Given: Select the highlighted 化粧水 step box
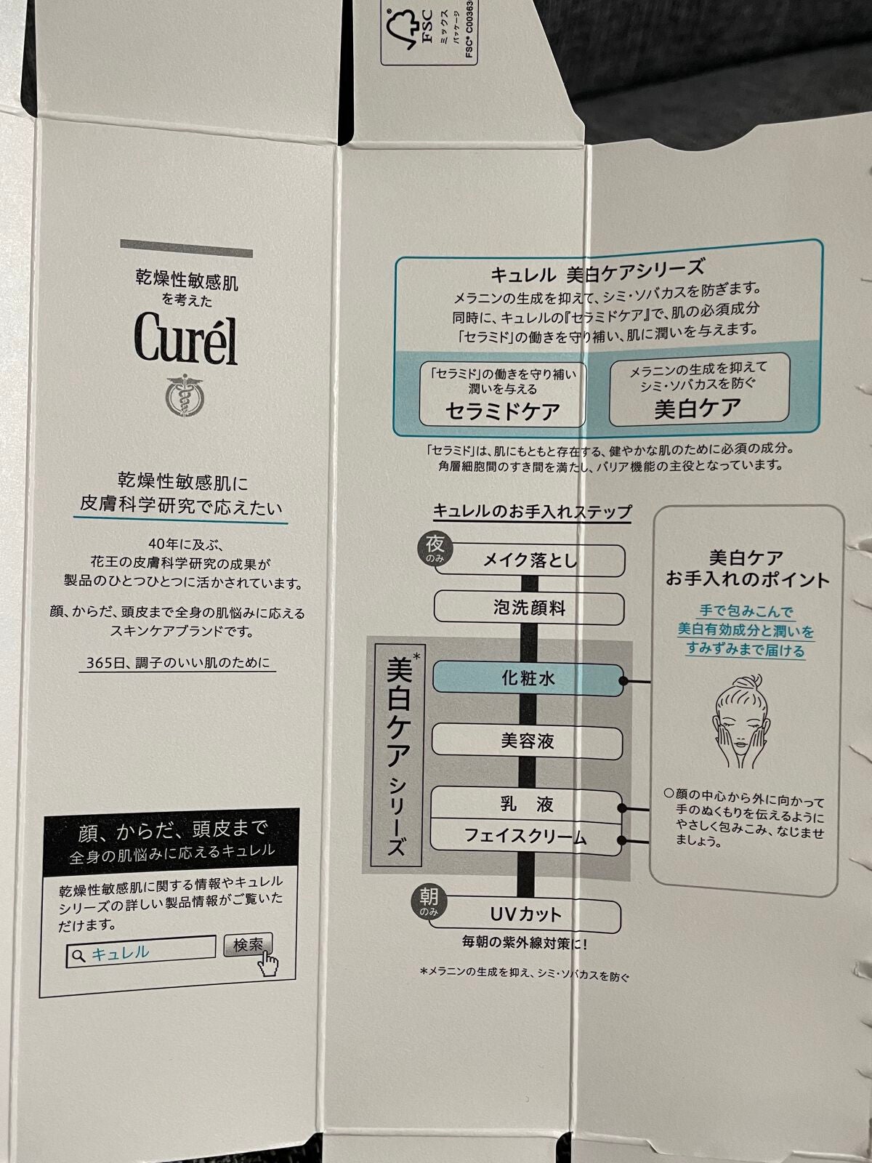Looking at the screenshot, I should coord(528,678).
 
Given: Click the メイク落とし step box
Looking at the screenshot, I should coord(530,560).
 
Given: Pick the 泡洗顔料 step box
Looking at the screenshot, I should coord(528,607).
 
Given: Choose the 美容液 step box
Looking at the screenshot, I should coord(528,741).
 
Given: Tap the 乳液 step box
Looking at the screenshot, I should coord(528,804).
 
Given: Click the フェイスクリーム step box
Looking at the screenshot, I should coord(528,837).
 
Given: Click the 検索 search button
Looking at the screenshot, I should coord(247,945).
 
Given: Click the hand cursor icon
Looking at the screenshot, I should coord(268,964).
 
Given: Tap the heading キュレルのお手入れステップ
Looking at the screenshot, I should coord(532,511).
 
